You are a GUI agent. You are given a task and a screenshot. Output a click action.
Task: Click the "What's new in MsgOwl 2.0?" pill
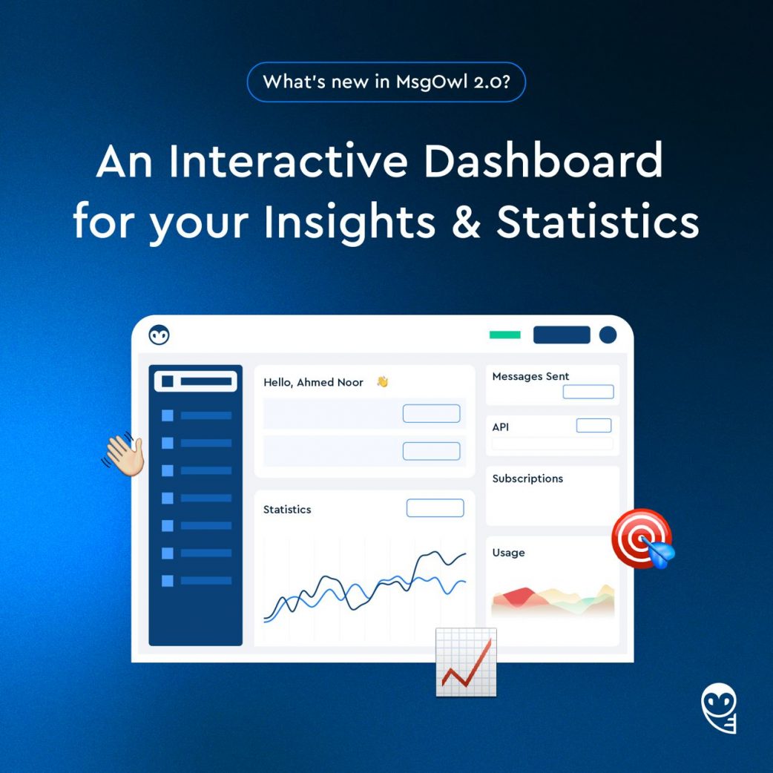(386, 82)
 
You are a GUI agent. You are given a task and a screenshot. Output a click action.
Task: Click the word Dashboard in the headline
(543, 160)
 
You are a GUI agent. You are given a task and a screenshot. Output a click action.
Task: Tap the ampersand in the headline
(466, 221)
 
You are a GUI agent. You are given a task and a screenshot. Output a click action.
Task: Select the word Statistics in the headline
(597, 221)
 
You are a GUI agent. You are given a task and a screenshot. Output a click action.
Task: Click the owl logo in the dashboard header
(159, 335)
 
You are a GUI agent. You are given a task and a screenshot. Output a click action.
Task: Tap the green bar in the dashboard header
(504, 335)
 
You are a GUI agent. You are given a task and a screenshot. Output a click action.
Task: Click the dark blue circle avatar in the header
(608, 335)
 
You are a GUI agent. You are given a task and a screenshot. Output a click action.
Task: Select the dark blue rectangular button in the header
(562, 335)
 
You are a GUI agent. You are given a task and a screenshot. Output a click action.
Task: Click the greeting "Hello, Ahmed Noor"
(313, 383)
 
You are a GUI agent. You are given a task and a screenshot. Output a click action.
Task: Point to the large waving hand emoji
(123, 454)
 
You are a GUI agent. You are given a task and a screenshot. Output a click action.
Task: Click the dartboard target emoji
(642, 539)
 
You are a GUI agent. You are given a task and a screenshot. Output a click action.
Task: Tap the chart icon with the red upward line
(466, 662)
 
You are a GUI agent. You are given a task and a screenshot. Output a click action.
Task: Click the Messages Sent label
(530, 376)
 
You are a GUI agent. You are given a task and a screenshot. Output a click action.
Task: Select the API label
(501, 427)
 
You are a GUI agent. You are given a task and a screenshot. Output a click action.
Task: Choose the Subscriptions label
(527, 478)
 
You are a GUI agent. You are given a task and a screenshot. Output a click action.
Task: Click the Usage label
(508, 553)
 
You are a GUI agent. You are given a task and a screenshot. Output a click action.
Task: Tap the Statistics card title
(287, 509)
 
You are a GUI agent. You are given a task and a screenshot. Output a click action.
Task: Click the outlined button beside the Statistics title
(435, 507)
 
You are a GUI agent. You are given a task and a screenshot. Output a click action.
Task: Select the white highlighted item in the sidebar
(196, 381)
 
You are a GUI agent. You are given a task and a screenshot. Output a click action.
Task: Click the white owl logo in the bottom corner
(720, 708)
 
